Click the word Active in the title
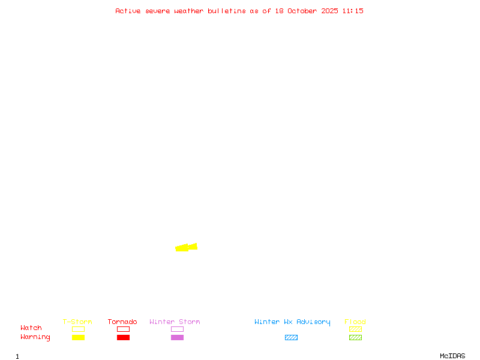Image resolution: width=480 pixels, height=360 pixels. [128, 11]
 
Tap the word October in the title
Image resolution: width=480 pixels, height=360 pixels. [307, 11]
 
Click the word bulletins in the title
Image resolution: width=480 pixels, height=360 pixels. [227, 11]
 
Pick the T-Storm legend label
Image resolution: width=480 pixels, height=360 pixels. [77, 322]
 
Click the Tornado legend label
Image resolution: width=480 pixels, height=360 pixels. [122, 322]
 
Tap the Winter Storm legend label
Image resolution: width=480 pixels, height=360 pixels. [175, 322]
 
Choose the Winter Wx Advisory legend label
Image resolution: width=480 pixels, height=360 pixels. [292, 322]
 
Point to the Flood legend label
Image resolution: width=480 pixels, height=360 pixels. [355, 322]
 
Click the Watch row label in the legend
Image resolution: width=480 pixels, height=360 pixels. [31, 328]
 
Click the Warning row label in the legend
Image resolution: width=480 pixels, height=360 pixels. [35, 337]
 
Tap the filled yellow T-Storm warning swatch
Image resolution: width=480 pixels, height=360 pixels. [78, 338]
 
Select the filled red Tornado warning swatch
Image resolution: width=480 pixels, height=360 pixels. [123, 338]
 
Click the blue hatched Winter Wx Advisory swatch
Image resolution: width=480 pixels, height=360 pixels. [291, 338]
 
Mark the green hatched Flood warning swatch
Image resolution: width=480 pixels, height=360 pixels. [355, 338]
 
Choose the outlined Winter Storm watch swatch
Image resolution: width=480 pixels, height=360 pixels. [177, 329]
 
